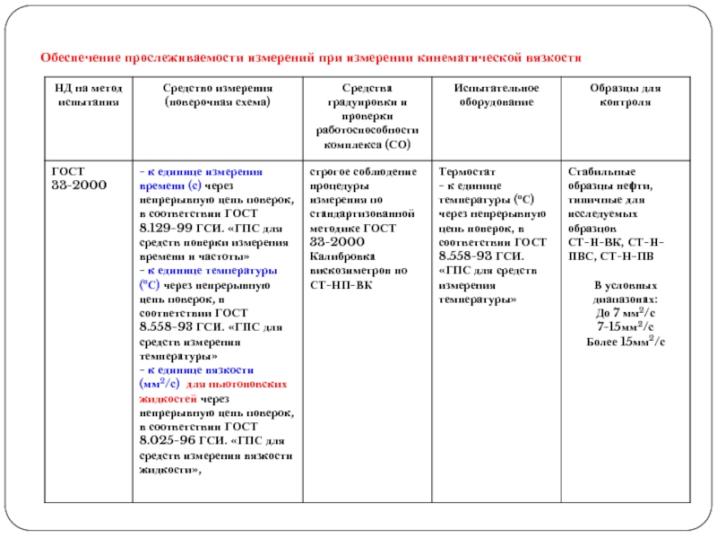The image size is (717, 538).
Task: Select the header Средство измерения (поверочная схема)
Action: [x=218, y=95]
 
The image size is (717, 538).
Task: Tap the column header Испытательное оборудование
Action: [x=495, y=95]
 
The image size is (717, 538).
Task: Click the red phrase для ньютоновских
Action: [x=242, y=383]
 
